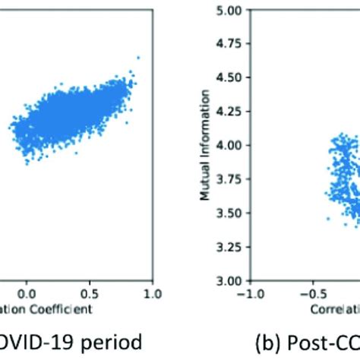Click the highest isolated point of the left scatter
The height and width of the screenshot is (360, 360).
138,57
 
